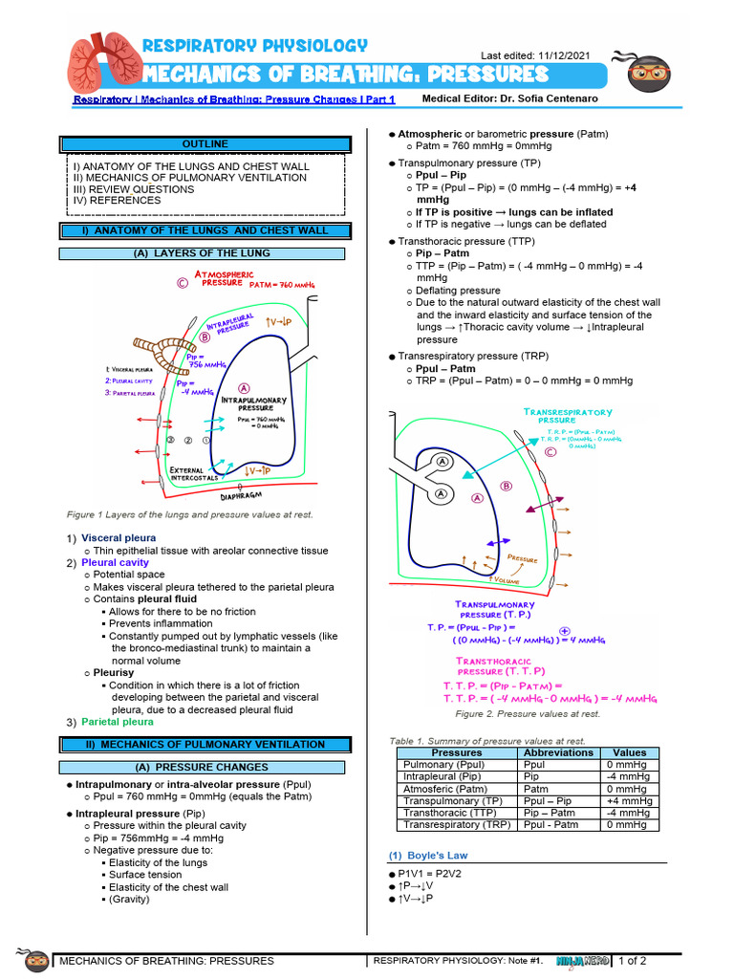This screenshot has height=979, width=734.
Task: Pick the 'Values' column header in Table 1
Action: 629,752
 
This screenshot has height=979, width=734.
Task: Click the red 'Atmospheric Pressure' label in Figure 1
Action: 224,279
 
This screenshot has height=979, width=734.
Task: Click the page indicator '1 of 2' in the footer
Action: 632,961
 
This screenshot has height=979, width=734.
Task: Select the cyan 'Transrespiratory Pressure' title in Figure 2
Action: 568,416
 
